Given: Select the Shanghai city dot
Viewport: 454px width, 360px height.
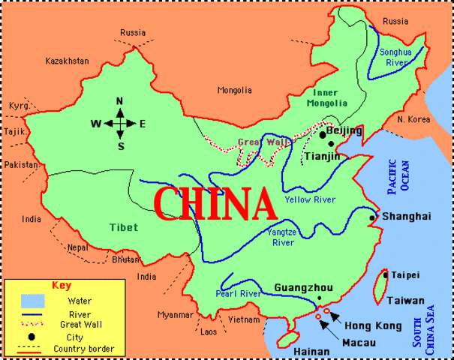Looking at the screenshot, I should [372, 217].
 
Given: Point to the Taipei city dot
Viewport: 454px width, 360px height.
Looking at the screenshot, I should [386, 275].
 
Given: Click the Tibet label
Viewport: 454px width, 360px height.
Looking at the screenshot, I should [122, 227].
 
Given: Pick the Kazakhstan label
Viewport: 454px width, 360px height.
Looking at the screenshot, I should [67, 61].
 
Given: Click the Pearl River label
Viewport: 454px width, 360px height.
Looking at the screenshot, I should [238, 294].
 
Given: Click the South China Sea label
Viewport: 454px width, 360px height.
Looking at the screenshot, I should [424, 324].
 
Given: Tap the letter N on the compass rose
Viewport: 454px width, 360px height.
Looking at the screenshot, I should [119, 102].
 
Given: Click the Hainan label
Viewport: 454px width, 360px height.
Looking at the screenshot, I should [311, 351].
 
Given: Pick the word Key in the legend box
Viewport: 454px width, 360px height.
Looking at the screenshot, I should [62, 285].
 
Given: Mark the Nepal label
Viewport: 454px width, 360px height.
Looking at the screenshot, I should [77, 246].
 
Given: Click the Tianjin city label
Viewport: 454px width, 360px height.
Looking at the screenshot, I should [322, 156].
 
